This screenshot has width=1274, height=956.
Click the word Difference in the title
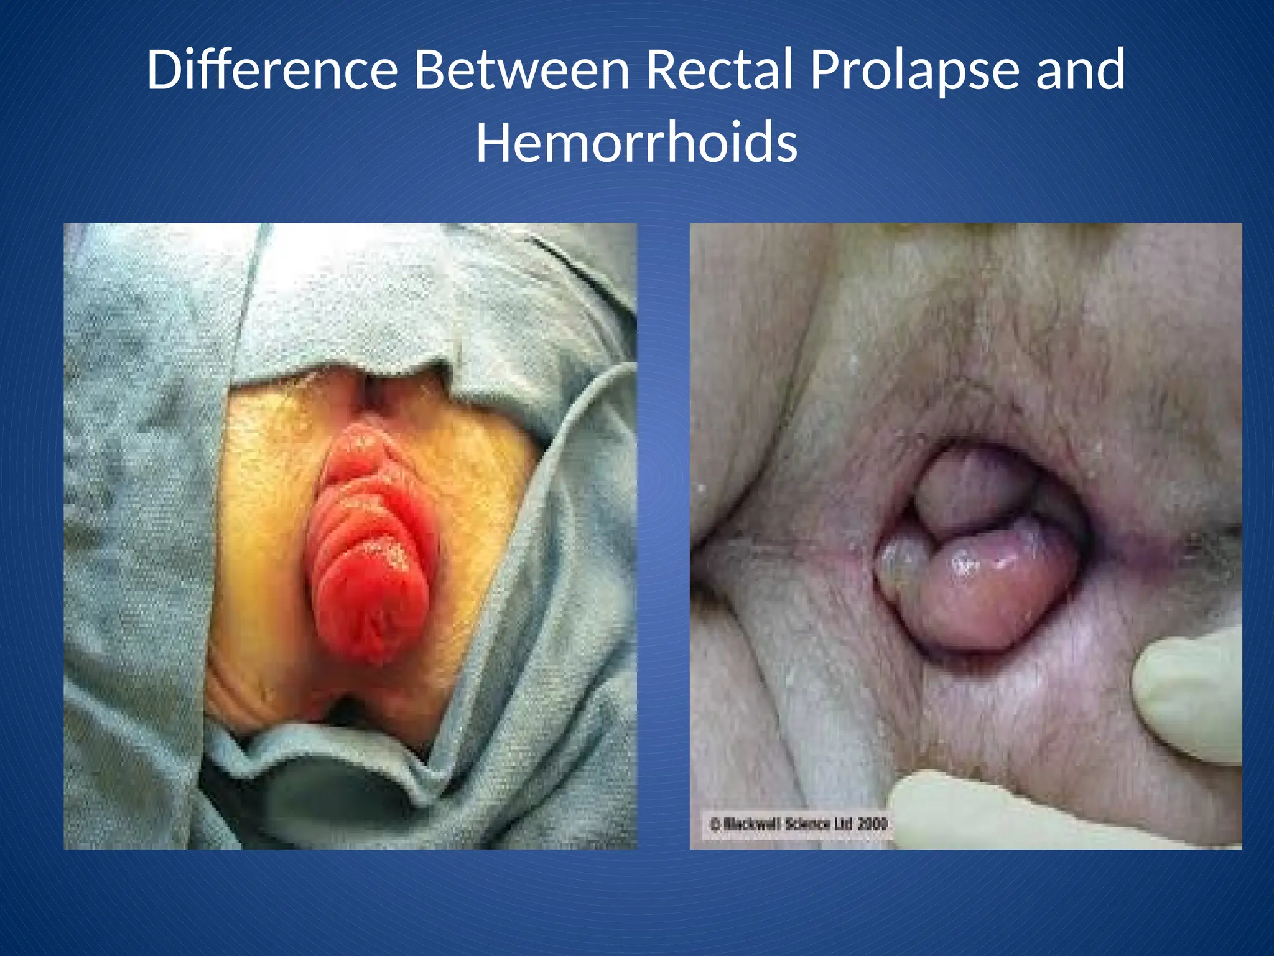tap(272, 70)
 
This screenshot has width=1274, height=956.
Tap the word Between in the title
tap(521, 70)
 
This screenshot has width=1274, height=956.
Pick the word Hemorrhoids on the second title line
tap(636, 143)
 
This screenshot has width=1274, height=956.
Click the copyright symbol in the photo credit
tap(715, 825)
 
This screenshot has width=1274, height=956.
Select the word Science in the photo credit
tap(808, 825)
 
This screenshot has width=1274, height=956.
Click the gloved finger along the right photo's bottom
tap(970, 809)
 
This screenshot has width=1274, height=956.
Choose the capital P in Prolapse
tap(825, 70)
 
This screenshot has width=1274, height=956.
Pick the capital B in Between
tap(429, 70)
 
